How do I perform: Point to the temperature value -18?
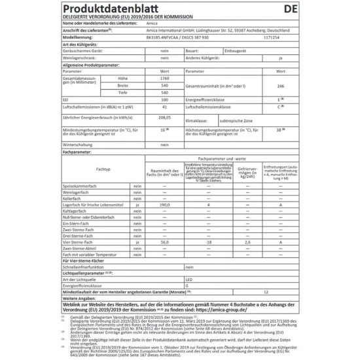click(x=207, y=242)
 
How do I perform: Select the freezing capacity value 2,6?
click(x=247, y=242)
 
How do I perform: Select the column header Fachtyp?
click(x=102, y=169)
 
